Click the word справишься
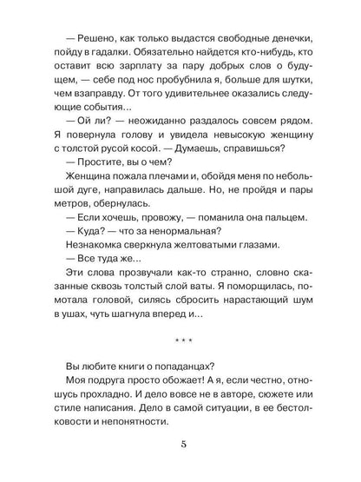coord(275,162)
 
